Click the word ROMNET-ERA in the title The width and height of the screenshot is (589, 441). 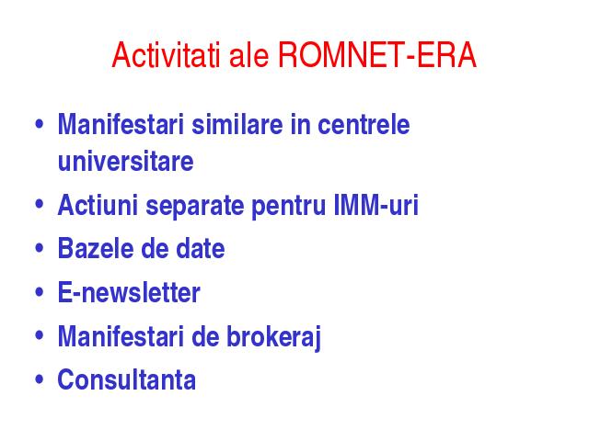click(377, 55)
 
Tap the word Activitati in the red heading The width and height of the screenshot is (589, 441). click(166, 55)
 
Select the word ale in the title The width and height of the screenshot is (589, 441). click(248, 55)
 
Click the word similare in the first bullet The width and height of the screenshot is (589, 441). click(237, 125)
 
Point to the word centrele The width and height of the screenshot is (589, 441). click(364, 125)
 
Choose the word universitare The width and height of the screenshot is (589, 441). click(125, 162)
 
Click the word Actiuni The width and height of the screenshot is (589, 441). click(98, 205)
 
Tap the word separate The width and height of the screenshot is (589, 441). click(195, 206)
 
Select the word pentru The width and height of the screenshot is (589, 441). click(288, 207)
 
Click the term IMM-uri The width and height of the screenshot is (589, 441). click(376, 205)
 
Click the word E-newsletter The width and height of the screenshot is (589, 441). click(129, 292)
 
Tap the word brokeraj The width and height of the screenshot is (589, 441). click(273, 337)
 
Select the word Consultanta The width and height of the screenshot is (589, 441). click(127, 379)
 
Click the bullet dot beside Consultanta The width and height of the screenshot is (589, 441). click(39, 379)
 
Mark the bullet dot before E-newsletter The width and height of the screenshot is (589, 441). click(39, 292)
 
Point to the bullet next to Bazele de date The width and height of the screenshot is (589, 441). click(39, 248)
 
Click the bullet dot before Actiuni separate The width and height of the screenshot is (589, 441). click(39, 204)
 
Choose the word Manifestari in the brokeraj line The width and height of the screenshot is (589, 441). click(121, 336)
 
